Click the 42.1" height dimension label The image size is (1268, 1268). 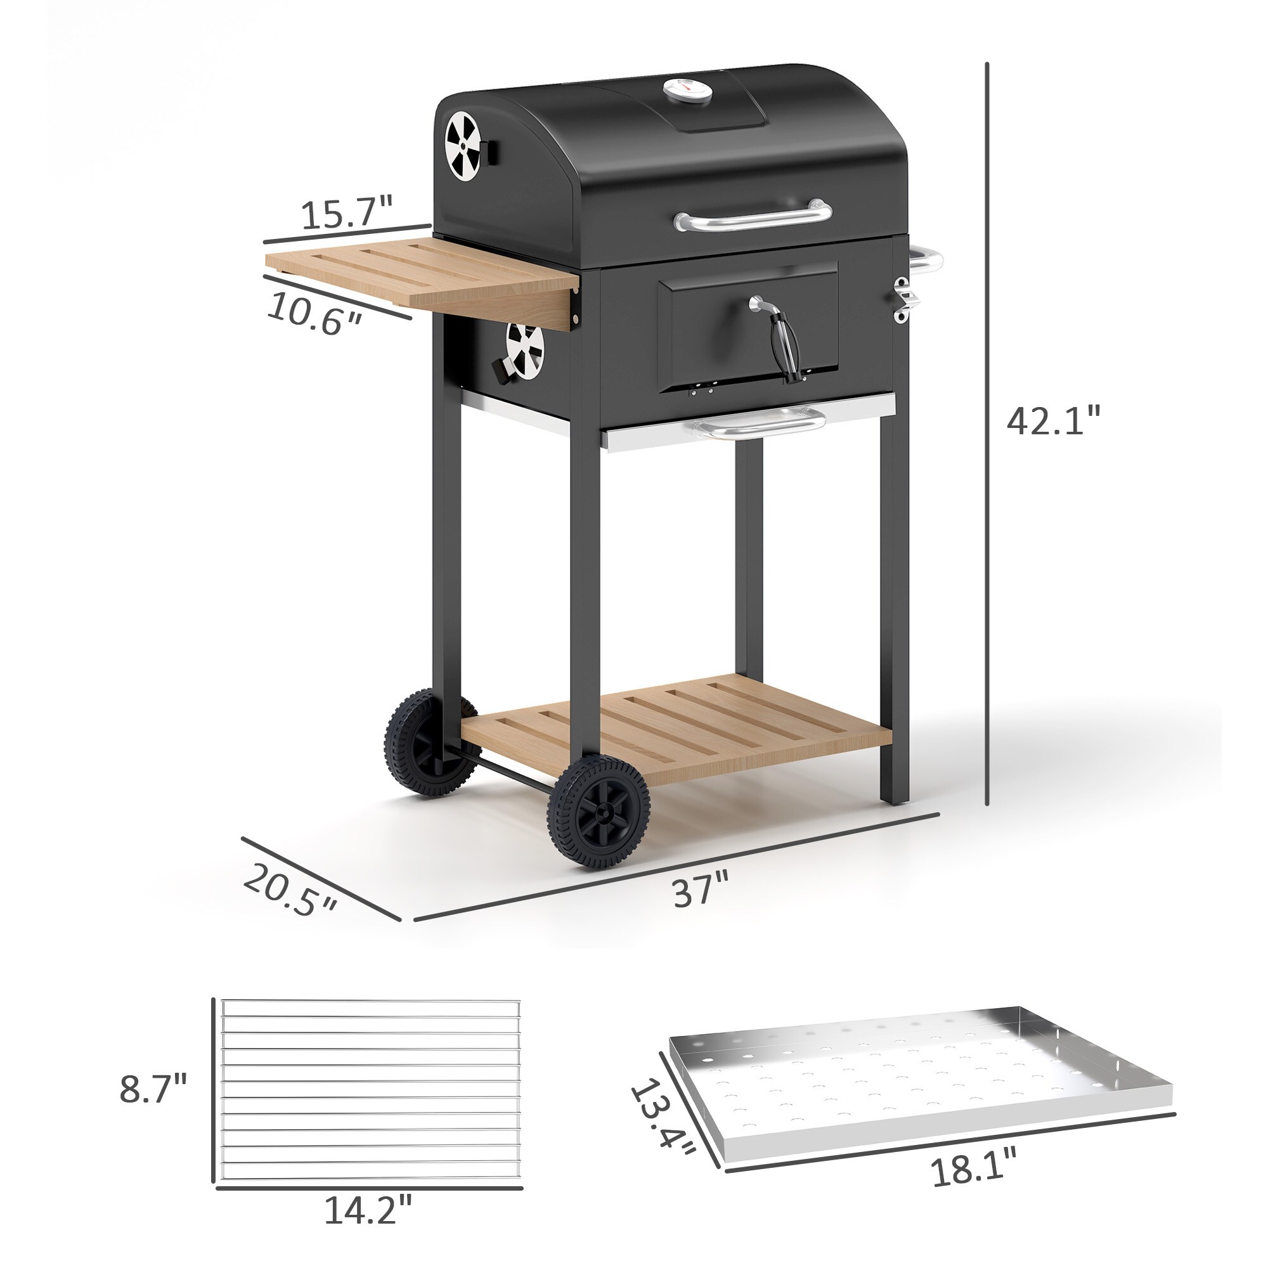click(x=1052, y=421)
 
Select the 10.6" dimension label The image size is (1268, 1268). click(x=314, y=313)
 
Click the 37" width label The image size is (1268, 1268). click(x=701, y=890)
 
